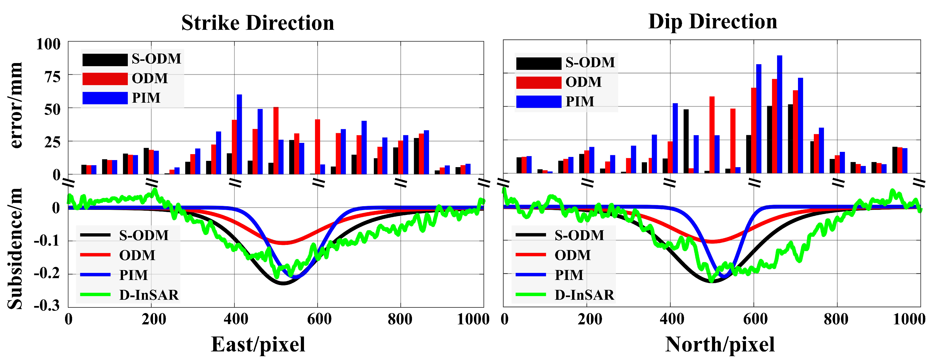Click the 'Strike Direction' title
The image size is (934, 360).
pyautogui.click(x=258, y=23)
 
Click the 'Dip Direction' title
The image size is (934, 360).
pyautogui.click(x=713, y=22)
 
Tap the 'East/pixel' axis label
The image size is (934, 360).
pyautogui.click(x=258, y=344)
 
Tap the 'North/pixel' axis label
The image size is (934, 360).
pyautogui.click(x=720, y=344)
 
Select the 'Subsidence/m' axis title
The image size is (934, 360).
pyautogui.click(x=16, y=248)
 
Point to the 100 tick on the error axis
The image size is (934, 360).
pyautogui.click(x=49, y=44)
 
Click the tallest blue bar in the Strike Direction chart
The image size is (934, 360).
pyautogui.click(x=239, y=134)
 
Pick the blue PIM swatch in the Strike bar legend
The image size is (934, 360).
pyautogui.click(x=105, y=98)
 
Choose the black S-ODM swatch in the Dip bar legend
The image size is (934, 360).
pyautogui.click(x=538, y=63)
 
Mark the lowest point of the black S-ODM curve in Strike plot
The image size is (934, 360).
pyautogui.click(x=283, y=284)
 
